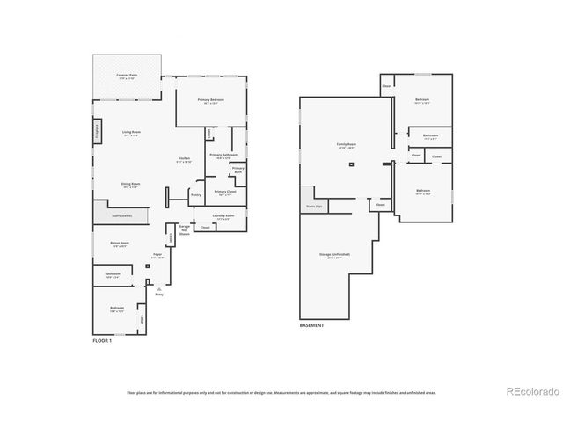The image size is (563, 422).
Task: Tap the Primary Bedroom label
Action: click(x=211, y=100)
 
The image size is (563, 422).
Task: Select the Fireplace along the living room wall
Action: click(x=96, y=131)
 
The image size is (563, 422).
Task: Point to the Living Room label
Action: click(x=131, y=133)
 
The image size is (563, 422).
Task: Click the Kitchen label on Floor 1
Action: click(x=184, y=159)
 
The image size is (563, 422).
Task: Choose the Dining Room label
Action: click(x=131, y=184)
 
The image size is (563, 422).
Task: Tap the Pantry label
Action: click(x=196, y=193)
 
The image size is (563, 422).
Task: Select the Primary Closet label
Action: click(x=224, y=192)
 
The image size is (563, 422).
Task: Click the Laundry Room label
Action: click(x=223, y=215)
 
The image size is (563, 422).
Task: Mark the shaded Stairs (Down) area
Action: click(x=121, y=215)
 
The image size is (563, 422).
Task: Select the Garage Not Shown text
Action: click(x=185, y=230)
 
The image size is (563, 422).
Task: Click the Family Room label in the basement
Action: click(x=346, y=145)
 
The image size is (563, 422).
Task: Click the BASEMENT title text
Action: click(x=311, y=325)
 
